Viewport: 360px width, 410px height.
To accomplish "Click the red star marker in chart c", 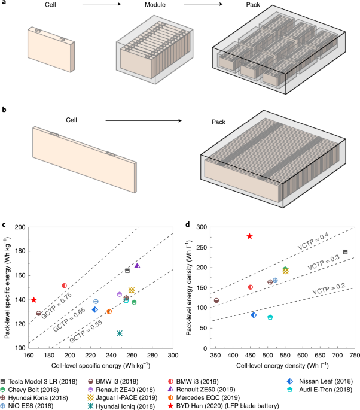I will pos(34,300).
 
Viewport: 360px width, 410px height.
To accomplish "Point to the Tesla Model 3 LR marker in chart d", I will pos(345,252).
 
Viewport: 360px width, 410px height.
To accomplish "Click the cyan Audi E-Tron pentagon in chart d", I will pos(270,317).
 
